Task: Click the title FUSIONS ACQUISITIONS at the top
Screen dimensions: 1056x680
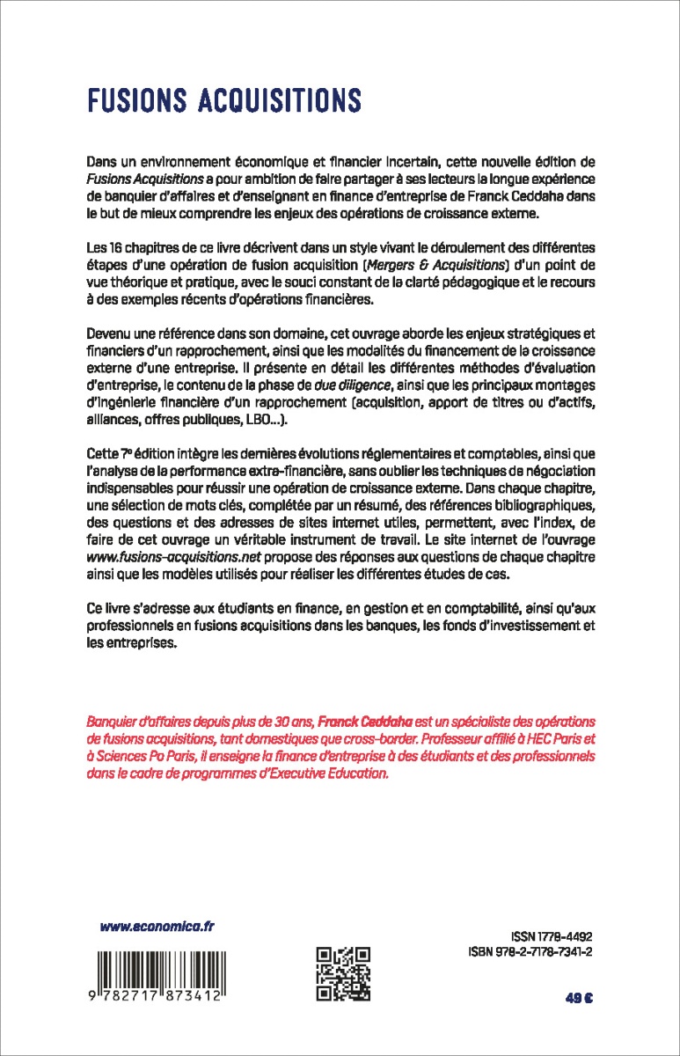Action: click(x=223, y=100)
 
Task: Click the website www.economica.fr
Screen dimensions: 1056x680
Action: click(x=157, y=927)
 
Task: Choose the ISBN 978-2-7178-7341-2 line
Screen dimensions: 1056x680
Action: click(x=528, y=953)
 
